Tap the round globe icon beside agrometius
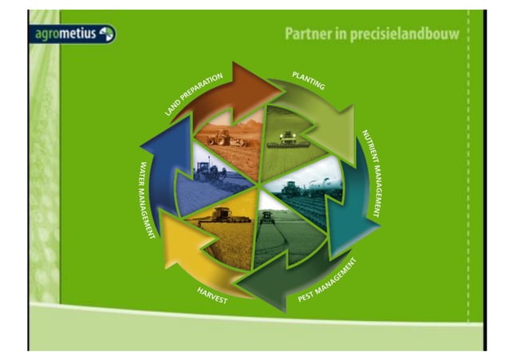click(x=106, y=34)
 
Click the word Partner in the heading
click(x=307, y=35)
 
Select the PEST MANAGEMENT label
click(x=327, y=280)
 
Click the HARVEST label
click(x=212, y=295)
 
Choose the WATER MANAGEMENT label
click(x=147, y=200)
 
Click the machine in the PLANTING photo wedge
click(x=287, y=140)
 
